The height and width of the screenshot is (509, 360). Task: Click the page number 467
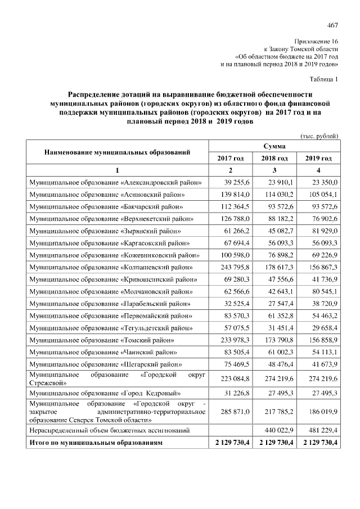[x=332, y=25]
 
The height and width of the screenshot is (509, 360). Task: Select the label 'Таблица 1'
[x=324, y=79]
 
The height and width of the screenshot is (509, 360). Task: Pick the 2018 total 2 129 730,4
[x=274, y=443]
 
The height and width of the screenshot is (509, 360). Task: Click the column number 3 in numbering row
[x=274, y=170]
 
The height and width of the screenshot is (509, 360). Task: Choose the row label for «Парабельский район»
[x=110, y=304]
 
